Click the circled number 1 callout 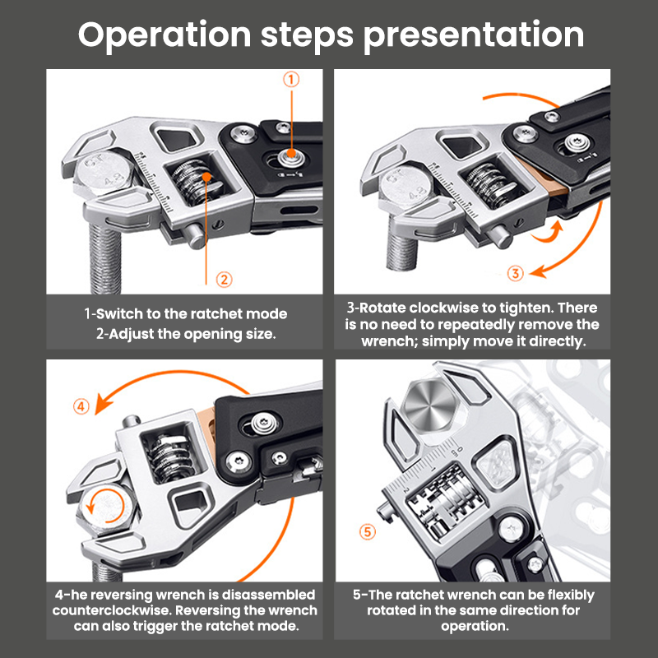click(x=290, y=80)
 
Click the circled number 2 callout click(x=223, y=279)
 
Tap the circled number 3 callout click(x=515, y=274)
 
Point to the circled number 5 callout click(x=368, y=531)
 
